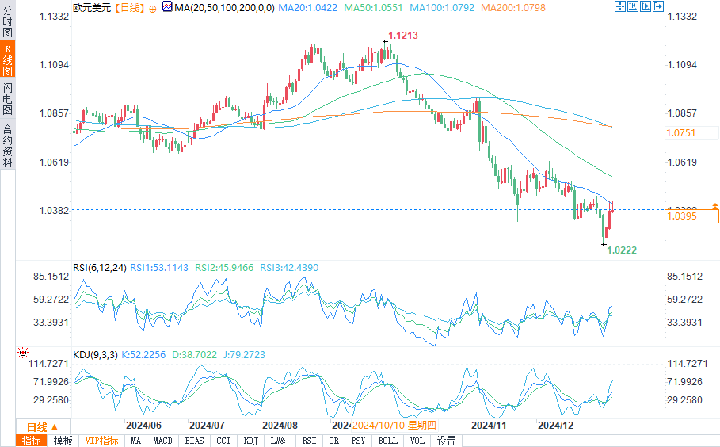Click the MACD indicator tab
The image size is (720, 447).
(x=162, y=441)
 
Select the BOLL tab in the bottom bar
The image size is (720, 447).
(x=387, y=441)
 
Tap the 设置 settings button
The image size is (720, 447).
(x=447, y=441)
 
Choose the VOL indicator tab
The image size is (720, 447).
(x=417, y=441)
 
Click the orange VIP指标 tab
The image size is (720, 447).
(x=101, y=441)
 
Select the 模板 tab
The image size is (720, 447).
(x=63, y=441)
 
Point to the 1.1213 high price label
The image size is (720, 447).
(x=402, y=36)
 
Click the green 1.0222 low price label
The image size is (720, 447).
(x=622, y=250)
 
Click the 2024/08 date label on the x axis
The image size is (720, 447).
(x=279, y=426)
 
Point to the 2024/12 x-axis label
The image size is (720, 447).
(x=555, y=426)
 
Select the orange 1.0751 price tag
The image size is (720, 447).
(x=681, y=133)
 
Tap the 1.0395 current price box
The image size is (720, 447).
(x=681, y=216)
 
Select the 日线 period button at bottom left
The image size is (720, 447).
(x=37, y=426)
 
